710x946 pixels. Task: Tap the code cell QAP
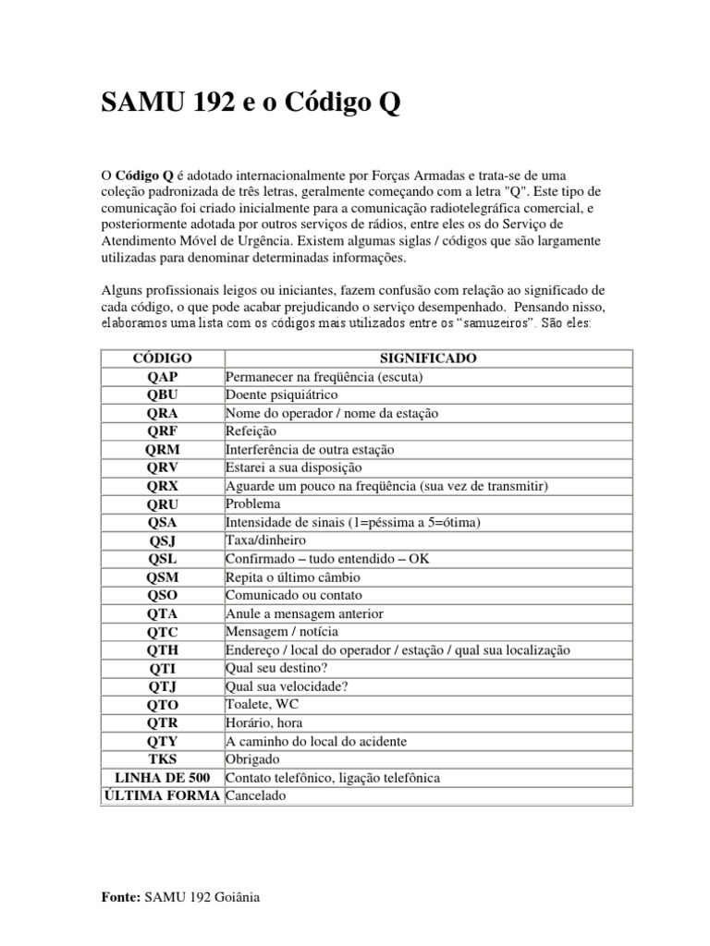(162, 377)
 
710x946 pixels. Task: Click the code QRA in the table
(162, 414)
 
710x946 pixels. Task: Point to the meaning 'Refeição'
(251, 431)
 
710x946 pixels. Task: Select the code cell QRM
(162, 450)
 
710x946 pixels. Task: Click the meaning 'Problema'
(252, 504)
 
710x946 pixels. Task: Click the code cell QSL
(162, 559)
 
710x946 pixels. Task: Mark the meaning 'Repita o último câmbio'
(292, 577)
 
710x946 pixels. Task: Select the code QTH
(162, 650)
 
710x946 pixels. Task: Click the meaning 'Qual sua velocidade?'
(286, 686)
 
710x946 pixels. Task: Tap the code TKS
(162, 759)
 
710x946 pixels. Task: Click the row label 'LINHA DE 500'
(161, 778)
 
